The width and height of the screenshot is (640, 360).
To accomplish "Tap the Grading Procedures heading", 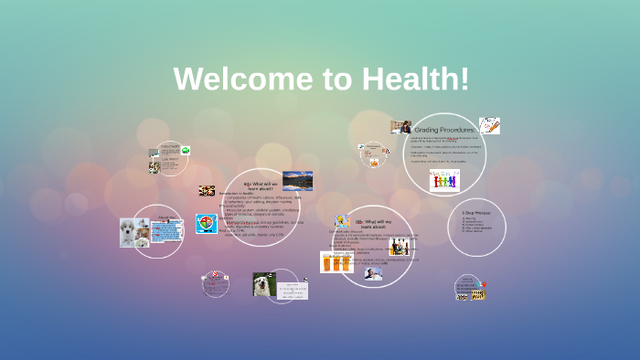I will [444, 130].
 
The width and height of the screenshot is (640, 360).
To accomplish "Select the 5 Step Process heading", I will [476, 212].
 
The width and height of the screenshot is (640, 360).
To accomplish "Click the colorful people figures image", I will [444, 180].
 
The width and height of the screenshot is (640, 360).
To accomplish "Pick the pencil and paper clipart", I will [489, 125].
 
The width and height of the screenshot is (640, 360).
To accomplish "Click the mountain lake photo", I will [297, 180].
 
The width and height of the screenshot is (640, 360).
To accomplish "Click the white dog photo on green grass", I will [265, 284].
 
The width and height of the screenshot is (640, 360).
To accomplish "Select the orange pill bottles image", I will [336, 261].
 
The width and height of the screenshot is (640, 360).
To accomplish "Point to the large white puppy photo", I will [133, 232].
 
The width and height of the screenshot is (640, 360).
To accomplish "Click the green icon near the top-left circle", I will [186, 150].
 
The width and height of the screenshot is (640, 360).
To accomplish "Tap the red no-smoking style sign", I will [215, 274].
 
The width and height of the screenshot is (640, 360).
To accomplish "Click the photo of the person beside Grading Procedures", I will [400, 127].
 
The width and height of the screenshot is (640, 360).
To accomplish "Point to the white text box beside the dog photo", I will [293, 290].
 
